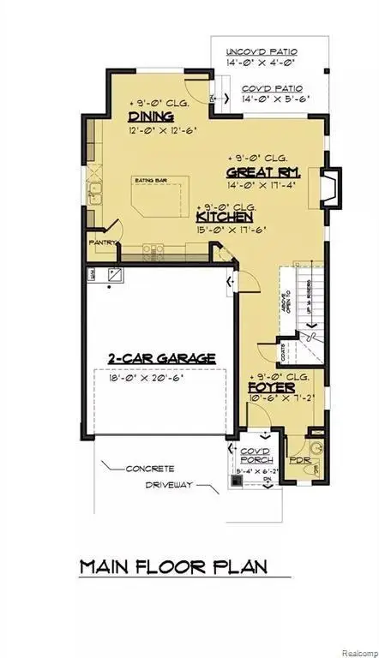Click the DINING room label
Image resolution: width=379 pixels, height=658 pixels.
coord(151,117)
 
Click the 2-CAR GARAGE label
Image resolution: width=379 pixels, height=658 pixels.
coord(161,358)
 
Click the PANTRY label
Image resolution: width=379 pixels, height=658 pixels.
coord(102,242)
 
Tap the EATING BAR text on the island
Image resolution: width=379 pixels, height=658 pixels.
coord(148,180)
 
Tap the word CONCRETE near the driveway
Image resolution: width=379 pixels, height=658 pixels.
coord(150,469)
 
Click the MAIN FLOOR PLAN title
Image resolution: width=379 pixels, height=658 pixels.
coord(173,566)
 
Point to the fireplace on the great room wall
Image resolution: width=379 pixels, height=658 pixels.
coord(329,186)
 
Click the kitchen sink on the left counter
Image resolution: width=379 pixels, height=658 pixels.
coord(97,193)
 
